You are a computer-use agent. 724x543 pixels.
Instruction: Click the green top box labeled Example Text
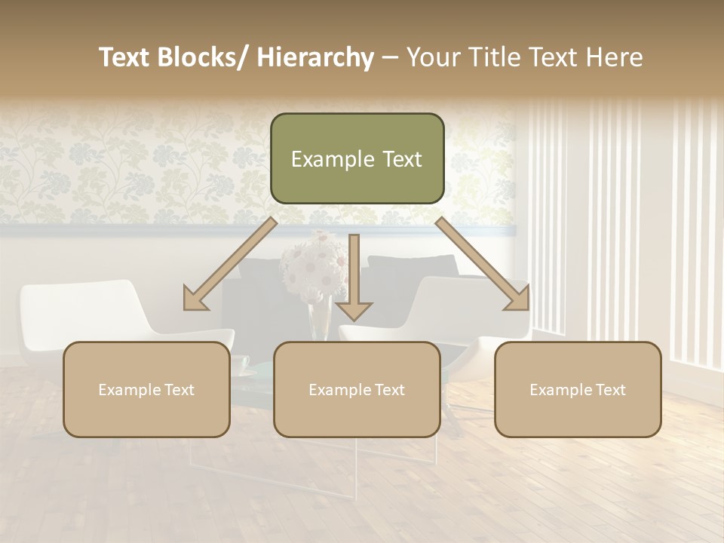[x=357, y=158]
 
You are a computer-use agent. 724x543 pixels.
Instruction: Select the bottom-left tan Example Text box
[x=146, y=389]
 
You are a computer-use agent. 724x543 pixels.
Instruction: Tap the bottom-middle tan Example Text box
[x=357, y=389]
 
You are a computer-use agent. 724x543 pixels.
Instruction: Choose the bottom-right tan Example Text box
[x=578, y=389]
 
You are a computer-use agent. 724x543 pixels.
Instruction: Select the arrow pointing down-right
[x=483, y=264]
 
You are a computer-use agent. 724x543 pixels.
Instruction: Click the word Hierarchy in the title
[x=315, y=57]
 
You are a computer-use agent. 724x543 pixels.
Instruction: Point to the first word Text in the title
[x=124, y=57]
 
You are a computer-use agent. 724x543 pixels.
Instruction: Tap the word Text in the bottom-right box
[x=609, y=390]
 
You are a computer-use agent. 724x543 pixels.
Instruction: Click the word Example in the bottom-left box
[x=128, y=390]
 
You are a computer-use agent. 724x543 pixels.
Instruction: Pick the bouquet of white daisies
[x=313, y=268]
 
